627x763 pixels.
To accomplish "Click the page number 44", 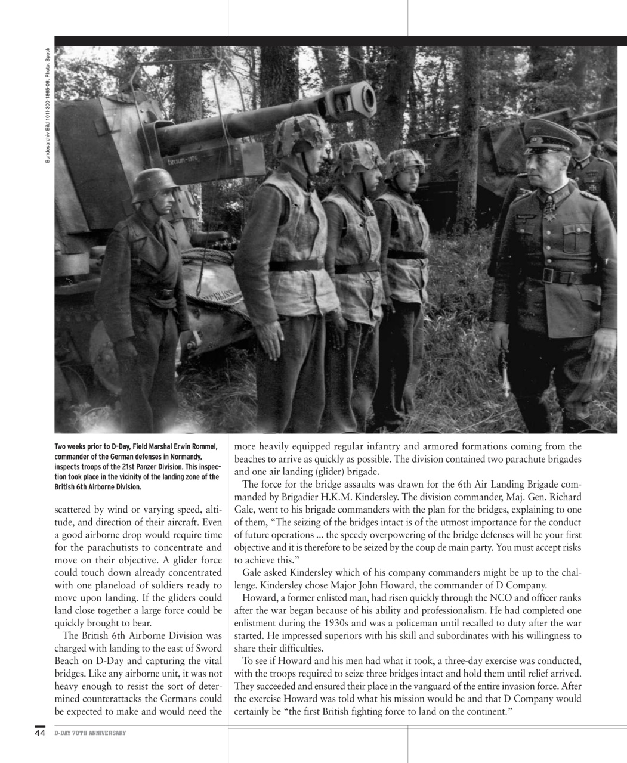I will pyautogui.click(x=39, y=733).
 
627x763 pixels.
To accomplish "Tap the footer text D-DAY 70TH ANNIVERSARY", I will pyautogui.click(x=90, y=733).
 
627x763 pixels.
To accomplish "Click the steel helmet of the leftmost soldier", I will pyautogui.click(x=155, y=185).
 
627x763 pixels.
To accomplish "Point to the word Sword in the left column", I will pyautogui.click(x=209, y=648).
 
